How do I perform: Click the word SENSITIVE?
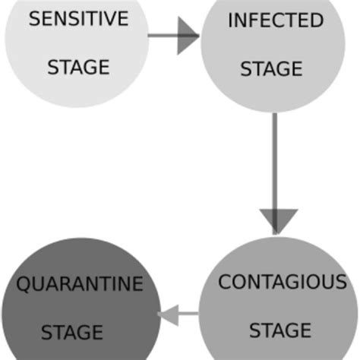78,20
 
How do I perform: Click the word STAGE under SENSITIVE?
78,68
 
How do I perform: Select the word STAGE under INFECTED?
271,69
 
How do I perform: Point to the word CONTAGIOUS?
282,283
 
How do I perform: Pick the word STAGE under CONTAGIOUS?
279,330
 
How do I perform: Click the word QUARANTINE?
80,285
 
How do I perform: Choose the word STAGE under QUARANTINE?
71,332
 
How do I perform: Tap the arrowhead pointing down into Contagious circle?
274,220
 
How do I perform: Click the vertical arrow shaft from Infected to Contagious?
274,159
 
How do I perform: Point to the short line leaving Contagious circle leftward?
188,313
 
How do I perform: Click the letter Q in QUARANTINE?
24,285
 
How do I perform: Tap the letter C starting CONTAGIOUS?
225,283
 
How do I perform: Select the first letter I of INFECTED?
230,21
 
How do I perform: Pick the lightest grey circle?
76,46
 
